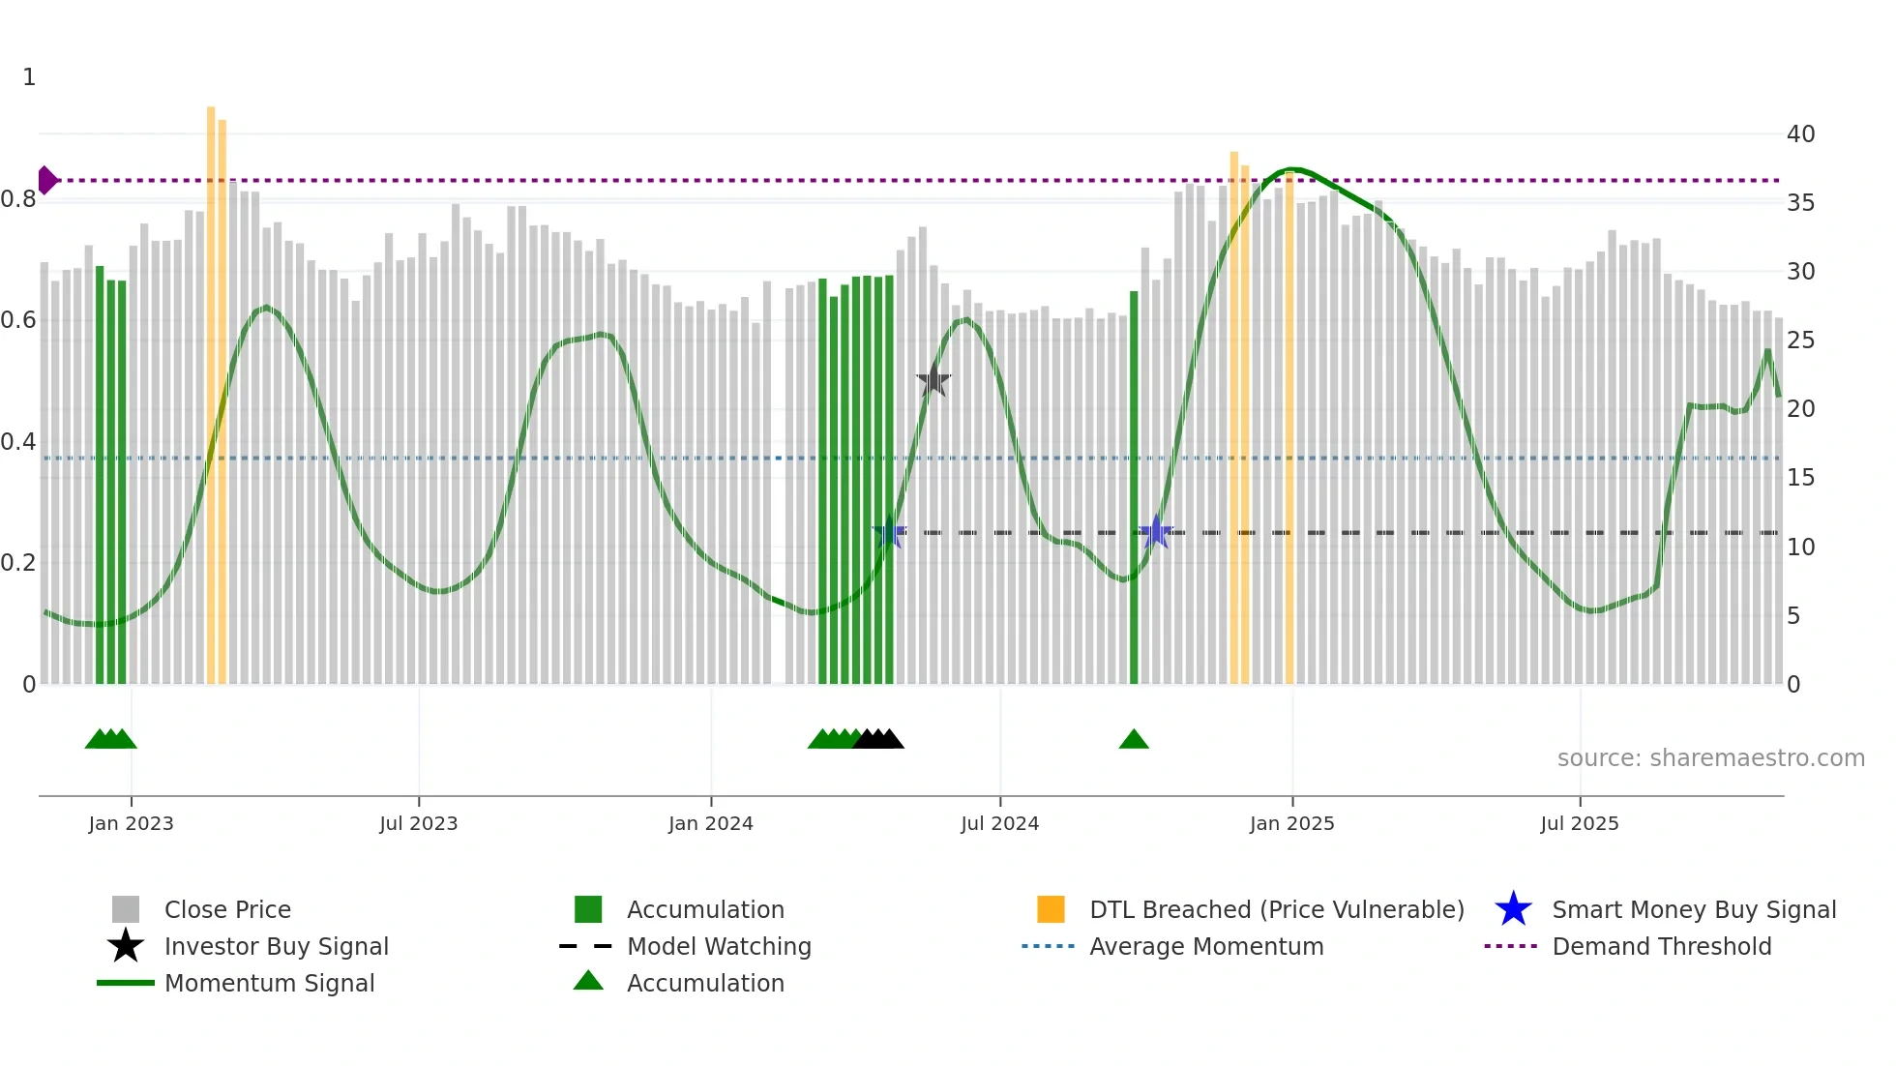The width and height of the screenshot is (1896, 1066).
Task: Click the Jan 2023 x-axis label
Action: pyautogui.click(x=131, y=823)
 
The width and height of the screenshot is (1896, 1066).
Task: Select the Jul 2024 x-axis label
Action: pyautogui.click(x=999, y=823)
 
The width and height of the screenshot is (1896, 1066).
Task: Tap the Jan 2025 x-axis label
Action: pyautogui.click(x=1291, y=823)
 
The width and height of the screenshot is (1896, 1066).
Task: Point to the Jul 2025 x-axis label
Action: pyautogui.click(x=1579, y=823)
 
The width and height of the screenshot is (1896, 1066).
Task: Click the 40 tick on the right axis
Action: pyautogui.click(x=1800, y=134)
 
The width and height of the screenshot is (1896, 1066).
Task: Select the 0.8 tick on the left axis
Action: pyautogui.click(x=18, y=199)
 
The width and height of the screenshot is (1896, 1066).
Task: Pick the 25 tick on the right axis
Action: pyautogui.click(x=1800, y=341)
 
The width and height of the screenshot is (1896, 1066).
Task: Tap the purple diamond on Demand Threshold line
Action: pyautogui.click(x=46, y=180)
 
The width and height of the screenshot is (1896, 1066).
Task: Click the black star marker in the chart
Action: pyautogui.click(x=933, y=381)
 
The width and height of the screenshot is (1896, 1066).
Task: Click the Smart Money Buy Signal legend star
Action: pyautogui.click(x=1513, y=909)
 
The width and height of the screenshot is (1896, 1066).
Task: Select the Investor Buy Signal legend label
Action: pyautogui.click(x=276, y=946)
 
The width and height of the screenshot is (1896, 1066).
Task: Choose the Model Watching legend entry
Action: pyautogui.click(x=719, y=946)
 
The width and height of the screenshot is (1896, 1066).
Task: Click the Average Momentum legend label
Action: pyautogui.click(x=1206, y=946)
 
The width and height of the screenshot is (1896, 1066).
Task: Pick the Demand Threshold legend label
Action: pyautogui.click(x=1661, y=946)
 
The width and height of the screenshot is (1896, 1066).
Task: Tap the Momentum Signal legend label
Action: pyautogui.click(x=269, y=983)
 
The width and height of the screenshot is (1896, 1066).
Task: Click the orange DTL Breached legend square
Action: pyautogui.click(x=1051, y=909)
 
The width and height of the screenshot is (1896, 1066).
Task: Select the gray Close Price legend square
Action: pyautogui.click(x=126, y=909)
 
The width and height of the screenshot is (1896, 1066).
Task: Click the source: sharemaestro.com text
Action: pyautogui.click(x=1710, y=758)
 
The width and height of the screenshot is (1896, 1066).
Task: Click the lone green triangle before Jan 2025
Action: pyautogui.click(x=1134, y=740)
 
